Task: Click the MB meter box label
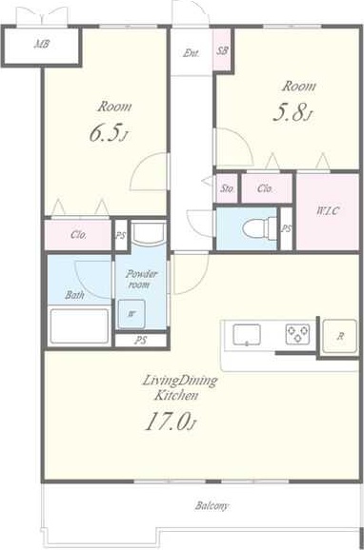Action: tap(42, 45)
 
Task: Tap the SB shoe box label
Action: tap(222, 51)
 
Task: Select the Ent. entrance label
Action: tap(192, 53)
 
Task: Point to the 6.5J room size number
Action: tap(108, 134)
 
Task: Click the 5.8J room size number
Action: tap(293, 113)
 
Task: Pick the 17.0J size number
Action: tap(170, 422)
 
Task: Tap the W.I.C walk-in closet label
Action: tap(329, 211)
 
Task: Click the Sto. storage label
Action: tap(228, 189)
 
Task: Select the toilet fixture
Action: tap(260, 228)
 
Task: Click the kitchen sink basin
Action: tap(247, 334)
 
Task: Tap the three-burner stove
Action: tap(297, 332)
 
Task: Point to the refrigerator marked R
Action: tap(340, 337)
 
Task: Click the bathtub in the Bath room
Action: tap(79, 326)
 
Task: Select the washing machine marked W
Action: tap(131, 314)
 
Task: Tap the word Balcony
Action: tap(212, 506)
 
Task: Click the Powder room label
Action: tap(140, 279)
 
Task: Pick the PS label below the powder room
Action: tap(141, 341)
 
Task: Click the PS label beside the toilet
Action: tap(287, 228)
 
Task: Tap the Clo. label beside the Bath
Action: tap(78, 235)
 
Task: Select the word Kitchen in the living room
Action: tap(176, 396)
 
